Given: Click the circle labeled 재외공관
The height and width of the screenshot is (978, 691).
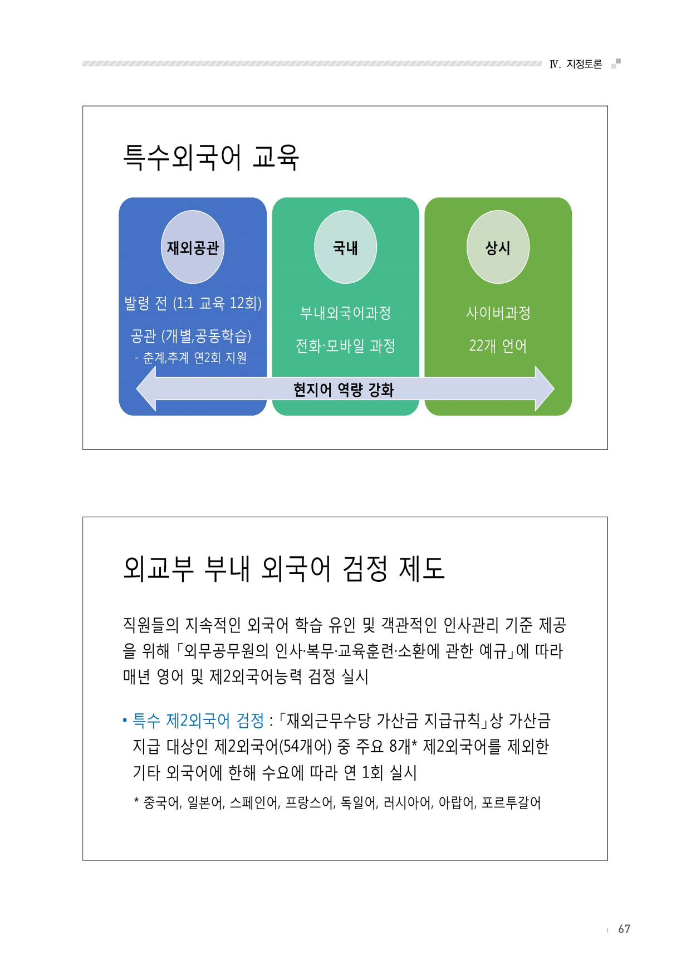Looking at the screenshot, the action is [x=193, y=247].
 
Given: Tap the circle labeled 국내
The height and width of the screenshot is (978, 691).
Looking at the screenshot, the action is [x=345, y=247].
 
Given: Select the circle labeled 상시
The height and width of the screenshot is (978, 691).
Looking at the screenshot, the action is [x=498, y=247].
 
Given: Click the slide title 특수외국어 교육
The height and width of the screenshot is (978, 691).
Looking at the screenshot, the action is [x=211, y=157].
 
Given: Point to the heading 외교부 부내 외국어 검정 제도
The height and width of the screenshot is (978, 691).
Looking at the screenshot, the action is [x=284, y=568].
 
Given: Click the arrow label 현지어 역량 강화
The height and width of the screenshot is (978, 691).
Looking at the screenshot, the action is [x=344, y=390].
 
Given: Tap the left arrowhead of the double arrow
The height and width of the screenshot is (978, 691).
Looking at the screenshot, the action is [x=146, y=388].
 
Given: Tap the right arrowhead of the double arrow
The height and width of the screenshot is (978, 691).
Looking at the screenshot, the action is [x=545, y=388].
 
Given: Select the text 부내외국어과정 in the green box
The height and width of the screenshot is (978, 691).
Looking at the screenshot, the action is [x=345, y=313].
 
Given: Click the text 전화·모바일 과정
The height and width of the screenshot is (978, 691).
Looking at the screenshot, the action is [x=345, y=346].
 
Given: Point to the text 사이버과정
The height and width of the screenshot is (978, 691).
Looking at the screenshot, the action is [x=498, y=313].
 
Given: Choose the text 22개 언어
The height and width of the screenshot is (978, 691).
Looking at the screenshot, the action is [x=498, y=346].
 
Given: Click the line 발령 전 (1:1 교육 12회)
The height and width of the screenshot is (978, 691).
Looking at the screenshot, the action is [x=193, y=303].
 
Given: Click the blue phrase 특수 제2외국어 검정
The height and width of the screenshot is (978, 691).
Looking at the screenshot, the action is [x=198, y=721].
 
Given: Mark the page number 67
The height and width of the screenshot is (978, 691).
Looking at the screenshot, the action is [x=624, y=929].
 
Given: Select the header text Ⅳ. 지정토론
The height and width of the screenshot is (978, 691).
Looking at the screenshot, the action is [x=576, y=64].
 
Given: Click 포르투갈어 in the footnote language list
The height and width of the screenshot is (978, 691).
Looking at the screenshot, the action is [x=511, y=802].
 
